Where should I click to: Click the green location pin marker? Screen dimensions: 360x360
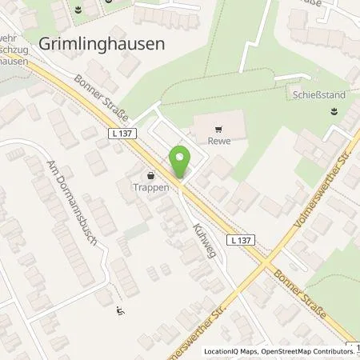181,162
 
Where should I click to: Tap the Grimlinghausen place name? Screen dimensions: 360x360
102,44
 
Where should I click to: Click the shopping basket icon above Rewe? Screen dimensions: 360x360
218,126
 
